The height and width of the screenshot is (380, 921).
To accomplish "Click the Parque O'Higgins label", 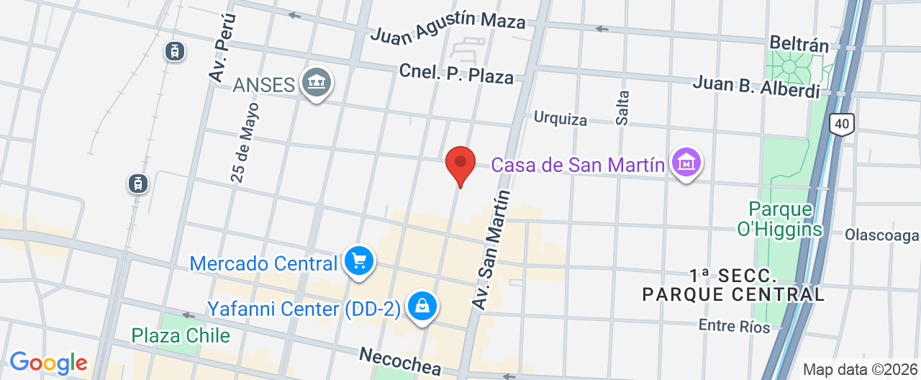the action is coord(784,219).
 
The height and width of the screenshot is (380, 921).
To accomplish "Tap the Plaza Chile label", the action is coord(181,335).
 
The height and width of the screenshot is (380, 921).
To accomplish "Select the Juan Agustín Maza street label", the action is coord(448,27).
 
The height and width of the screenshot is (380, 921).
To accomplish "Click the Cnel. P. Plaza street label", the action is coord(457,74).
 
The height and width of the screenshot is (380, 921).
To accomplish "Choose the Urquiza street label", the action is coord(560,119).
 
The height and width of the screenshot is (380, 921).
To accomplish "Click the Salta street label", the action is coord(623,107).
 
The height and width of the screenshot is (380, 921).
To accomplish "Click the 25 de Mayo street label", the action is coord(245,142).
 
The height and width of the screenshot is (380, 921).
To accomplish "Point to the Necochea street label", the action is coord(399,360).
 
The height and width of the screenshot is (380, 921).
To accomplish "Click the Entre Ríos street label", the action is coord(734,326).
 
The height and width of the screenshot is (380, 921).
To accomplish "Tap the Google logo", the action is coord(48,362).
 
